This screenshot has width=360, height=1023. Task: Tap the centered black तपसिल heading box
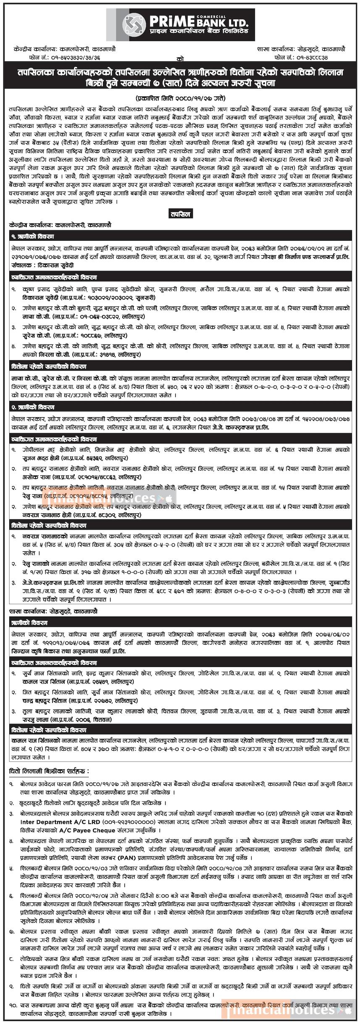tap(180, 214)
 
